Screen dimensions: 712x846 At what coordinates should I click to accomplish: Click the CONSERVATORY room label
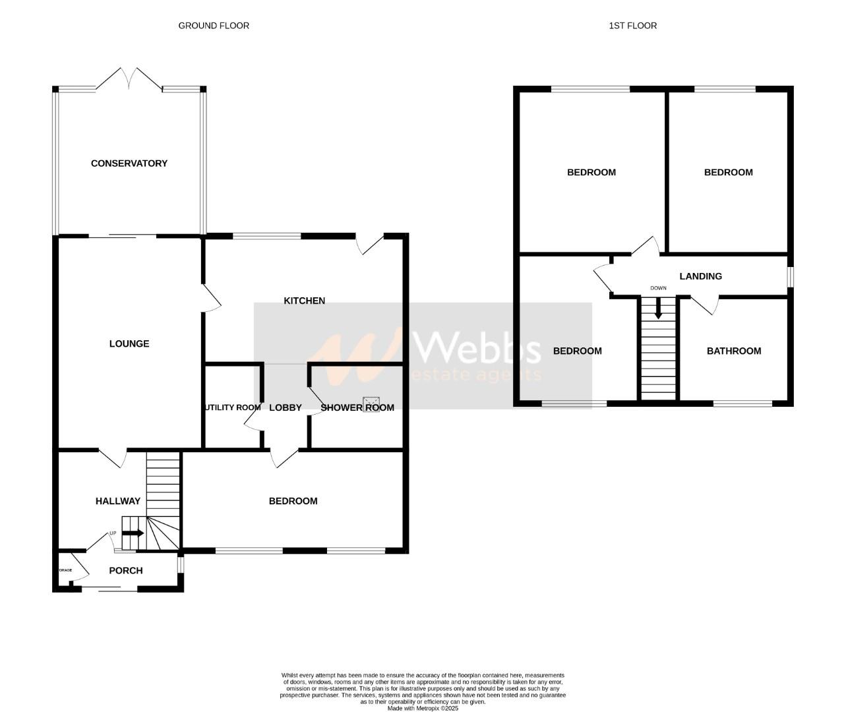[129, 163]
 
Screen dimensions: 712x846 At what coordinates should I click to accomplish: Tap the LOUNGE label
[129, 343]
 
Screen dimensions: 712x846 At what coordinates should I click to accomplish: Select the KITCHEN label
[304, 301]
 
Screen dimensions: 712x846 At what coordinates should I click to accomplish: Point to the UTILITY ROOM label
[232, 407]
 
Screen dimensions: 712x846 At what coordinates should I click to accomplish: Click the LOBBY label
[286, 407]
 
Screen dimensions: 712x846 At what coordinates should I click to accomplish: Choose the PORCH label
[125, 570]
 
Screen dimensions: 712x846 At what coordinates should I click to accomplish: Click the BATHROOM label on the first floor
[734, 351]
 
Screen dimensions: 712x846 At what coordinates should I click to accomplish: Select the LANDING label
[700, 276]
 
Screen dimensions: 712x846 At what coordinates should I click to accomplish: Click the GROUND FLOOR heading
[214, 26]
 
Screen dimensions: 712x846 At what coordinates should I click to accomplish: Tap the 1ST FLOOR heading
[632, 26]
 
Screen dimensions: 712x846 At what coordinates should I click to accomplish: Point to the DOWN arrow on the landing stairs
[657, 310]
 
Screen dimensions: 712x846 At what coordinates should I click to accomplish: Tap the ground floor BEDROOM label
[293, 501]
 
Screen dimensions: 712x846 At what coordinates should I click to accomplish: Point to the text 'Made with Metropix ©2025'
[423, 708]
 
